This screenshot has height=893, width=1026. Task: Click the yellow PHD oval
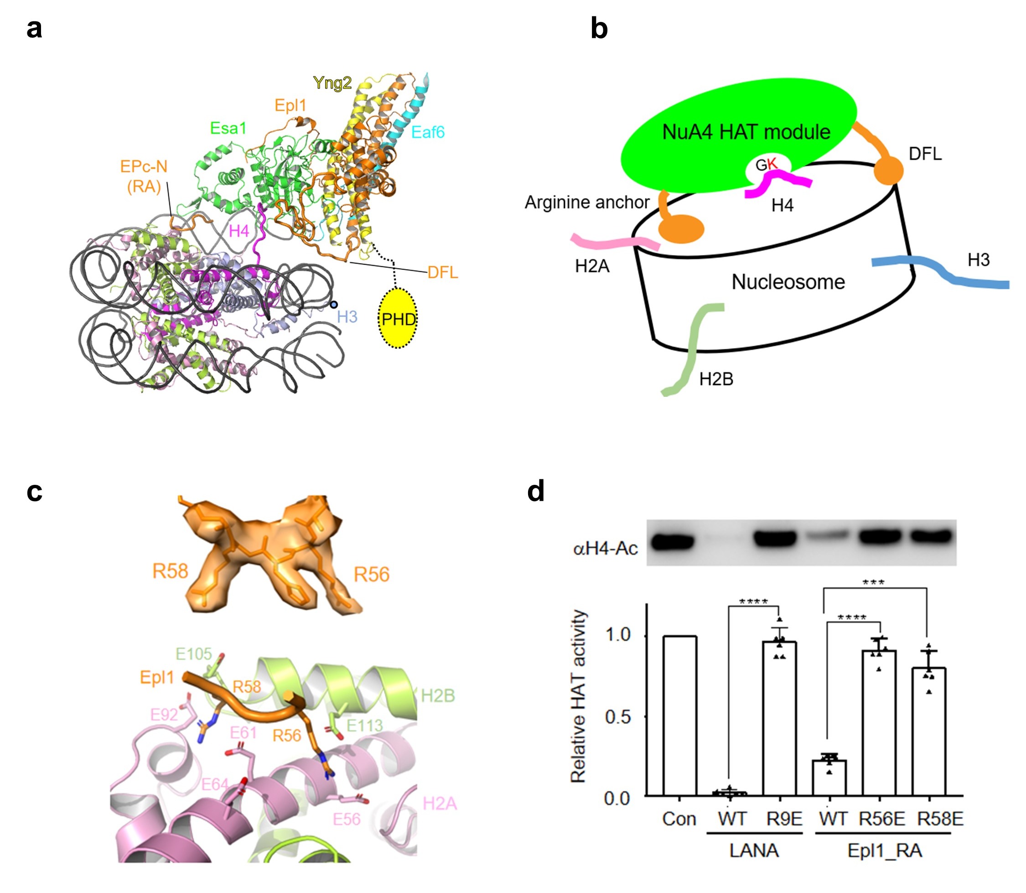[x=397, y=318]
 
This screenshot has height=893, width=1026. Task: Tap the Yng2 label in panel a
[x=332, y=83]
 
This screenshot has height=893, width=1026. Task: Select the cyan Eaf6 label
[x=428, y=132]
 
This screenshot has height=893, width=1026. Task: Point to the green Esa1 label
[x=228, y=128]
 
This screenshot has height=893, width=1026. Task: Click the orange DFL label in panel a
[x=442, y=272]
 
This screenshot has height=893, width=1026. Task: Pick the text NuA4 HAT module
[x=746, y=132]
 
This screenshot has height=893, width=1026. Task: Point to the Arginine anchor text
[x=586, y=202]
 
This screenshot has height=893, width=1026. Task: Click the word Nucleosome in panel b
[x=788, y=282]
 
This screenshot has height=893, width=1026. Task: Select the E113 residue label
[x=364, y=726]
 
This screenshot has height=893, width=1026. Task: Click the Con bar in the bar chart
[x=680, y=716]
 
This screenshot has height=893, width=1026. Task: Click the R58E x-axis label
[x=940, y=819]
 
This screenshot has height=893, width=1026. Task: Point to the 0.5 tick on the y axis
[x=617, y=716]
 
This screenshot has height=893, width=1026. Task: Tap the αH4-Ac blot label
[x=605, y=549]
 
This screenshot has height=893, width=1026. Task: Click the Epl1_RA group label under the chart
[x=885, y=851]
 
